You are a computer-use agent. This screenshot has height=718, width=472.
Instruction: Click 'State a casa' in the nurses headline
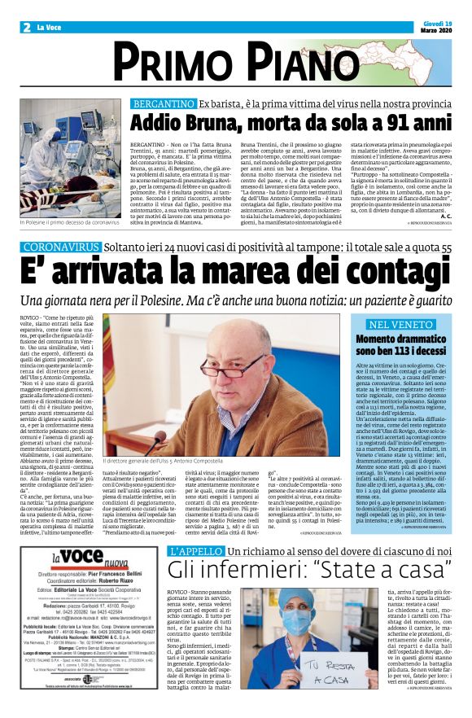point(378,569)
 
